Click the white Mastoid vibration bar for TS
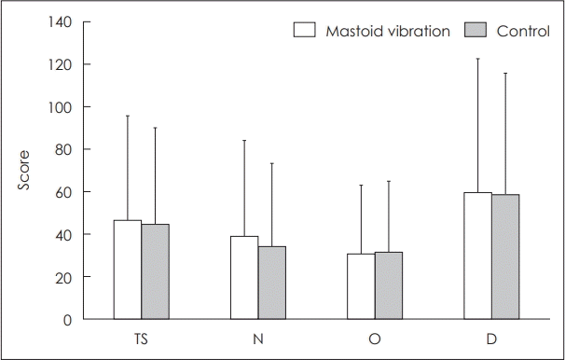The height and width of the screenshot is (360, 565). tap(128, 270)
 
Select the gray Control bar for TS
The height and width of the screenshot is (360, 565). tap(155, 271)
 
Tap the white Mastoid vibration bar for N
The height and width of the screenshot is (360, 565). tap(244, 277)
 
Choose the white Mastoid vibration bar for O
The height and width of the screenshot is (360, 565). tap(361, 286)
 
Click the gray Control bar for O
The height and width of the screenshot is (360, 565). tap(388, 285)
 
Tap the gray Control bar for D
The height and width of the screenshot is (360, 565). tap(504, 256)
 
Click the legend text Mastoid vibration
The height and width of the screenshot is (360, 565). tap(388, 30)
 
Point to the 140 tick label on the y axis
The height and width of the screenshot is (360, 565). tap(61, 21)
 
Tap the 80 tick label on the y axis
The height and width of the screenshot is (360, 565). tap(64, 149)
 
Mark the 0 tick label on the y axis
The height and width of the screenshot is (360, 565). tap(68, 319)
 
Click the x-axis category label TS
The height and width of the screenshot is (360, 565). tap(141, 337)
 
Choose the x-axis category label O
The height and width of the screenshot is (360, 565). tap(374, 337)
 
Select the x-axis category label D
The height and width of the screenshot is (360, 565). tap(490, 337)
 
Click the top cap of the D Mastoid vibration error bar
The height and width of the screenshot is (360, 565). tap(477, 59)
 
